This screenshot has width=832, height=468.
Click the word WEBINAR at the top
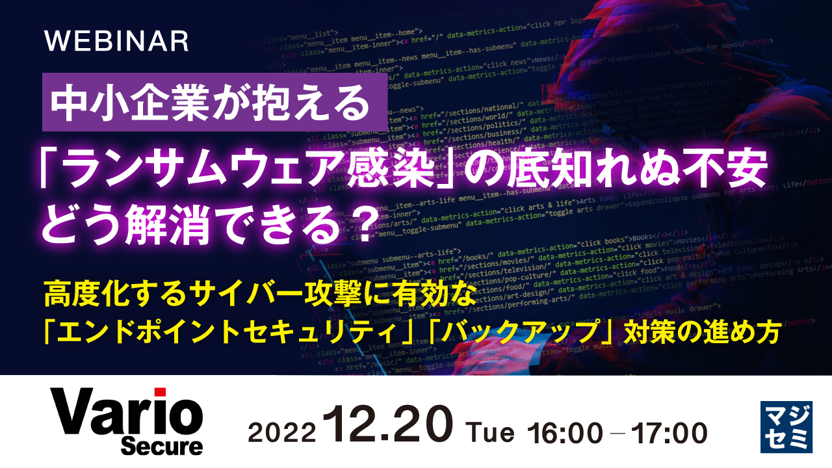point(116,42)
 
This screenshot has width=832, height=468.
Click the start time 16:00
point(567,432)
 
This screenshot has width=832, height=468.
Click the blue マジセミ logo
point(786,426)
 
